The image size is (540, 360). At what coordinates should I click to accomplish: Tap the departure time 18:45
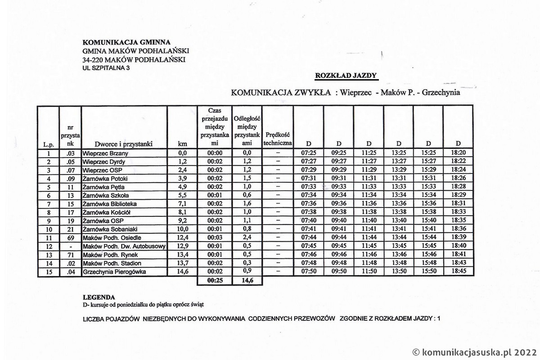coord(458,272)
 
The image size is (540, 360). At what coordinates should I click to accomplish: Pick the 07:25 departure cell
coord(309,153)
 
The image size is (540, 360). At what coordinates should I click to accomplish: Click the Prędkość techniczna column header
coord(277,139)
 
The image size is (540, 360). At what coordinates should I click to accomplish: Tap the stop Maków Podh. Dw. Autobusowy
coord(124,247)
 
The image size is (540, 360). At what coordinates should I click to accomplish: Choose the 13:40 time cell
coord(399,221)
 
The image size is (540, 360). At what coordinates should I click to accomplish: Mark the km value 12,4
coord(182,238)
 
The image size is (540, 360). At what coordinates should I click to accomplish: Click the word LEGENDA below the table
coord(99,297)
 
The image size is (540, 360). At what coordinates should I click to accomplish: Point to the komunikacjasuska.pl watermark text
coord(474,352)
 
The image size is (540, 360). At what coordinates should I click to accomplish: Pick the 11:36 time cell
coord(369,204)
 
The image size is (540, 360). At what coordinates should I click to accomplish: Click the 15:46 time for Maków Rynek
coord(428,255)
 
